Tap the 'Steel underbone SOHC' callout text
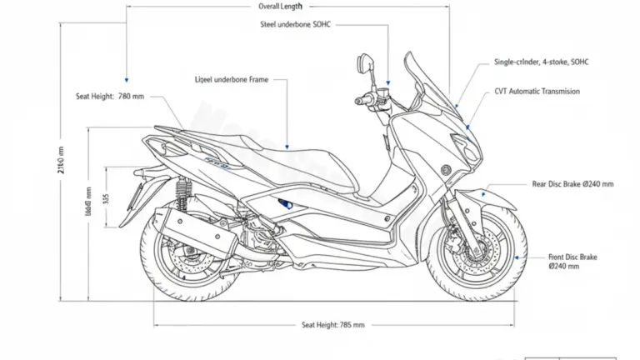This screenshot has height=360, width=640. point(296,25)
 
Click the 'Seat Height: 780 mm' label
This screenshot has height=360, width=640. point(109,97)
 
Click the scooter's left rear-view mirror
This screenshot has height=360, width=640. point(364,62)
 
